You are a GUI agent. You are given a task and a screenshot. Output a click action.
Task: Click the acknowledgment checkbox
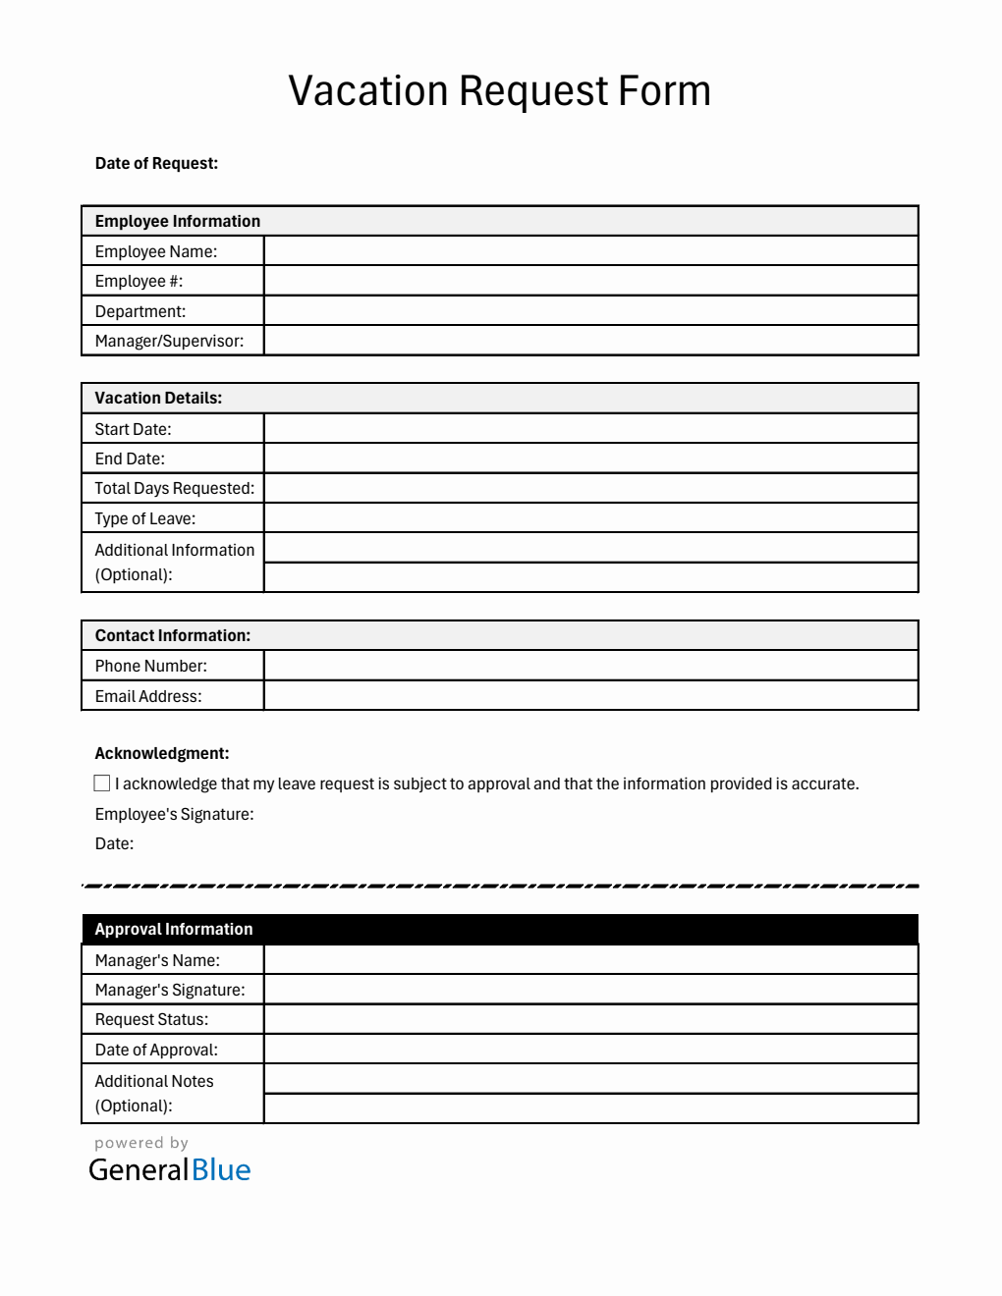[x=102, y=783]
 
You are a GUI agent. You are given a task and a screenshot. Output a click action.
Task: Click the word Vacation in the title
[x=368, y=91]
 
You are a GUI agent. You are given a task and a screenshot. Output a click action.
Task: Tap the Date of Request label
[x=156, y=164]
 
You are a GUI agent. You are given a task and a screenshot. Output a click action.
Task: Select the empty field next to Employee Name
[x=590, y=251]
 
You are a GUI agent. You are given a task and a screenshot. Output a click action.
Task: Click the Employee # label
[x=139, y=282]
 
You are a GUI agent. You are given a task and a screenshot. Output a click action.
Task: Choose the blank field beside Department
[x=590, y=311]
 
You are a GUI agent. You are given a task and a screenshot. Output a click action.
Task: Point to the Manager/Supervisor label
[x=169, y=342]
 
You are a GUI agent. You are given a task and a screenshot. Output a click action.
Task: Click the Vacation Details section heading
[x=158, y=399]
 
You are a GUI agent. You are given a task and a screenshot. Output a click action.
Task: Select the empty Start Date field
[x=590, y=429]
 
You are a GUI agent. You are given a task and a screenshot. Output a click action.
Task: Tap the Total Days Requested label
[x=174, y=489]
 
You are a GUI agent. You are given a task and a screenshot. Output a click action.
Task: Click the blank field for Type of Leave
[x=590, y=518]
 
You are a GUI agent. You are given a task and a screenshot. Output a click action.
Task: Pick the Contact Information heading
[x=172, y=636]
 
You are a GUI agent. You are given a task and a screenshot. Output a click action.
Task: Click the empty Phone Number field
[x=590, y=666]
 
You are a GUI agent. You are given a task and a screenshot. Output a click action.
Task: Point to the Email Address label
[x=148, y=696]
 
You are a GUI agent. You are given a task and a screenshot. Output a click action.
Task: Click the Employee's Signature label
[x=174, y=814]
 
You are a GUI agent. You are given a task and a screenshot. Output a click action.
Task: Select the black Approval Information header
[x=499, y=930]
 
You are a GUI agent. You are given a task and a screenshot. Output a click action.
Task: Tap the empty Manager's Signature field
[x=590, y=990]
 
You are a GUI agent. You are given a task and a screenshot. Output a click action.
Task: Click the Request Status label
[x=151, y=1020]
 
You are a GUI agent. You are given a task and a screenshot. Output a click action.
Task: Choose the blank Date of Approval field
[x=590, y=1050]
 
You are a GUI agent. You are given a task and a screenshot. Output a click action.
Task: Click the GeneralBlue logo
[x=169, y=1169]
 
